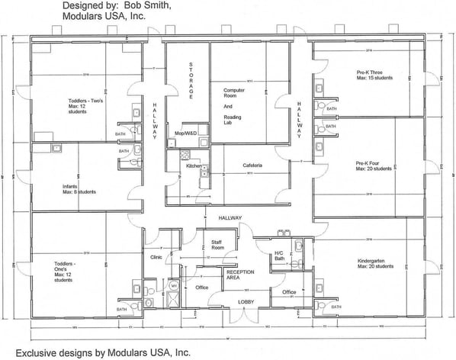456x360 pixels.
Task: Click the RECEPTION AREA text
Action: pyautogui.click(x=239, y=274)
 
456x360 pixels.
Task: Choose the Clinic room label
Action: pyautogui.click(x=157, y=257)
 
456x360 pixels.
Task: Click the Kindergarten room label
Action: pyautogui.click(x=374, y=263)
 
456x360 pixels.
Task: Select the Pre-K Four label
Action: pyautogui.click(x=373, y=166)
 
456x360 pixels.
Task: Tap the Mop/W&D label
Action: pyautogui.click(x=185, y=133)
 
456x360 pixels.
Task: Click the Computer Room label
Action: pyautogui.click(x=233, y=106)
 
